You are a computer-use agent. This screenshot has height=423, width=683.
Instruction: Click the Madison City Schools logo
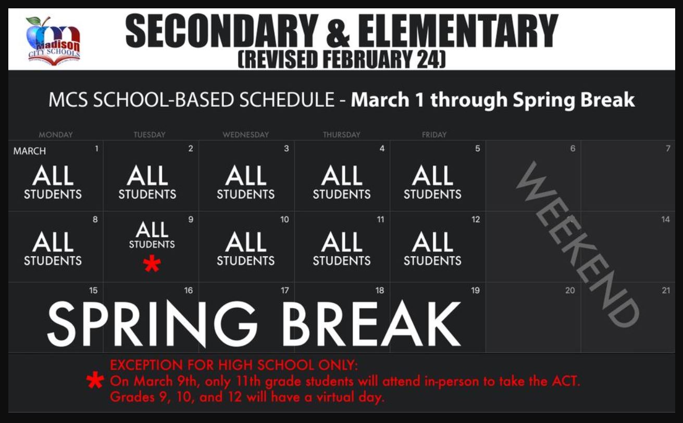pos(53,40)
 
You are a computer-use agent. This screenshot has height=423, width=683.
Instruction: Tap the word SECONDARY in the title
pos(222,31)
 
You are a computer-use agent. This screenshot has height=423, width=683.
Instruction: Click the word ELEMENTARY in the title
pos(458,31)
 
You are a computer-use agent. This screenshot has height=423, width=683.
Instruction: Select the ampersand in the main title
pos(338,31)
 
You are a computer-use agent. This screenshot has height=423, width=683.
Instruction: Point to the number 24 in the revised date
pos(429,59)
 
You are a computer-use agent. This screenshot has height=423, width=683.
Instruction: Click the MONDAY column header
pos(56,135)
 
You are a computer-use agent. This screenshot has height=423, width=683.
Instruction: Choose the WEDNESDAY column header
pos(246,135)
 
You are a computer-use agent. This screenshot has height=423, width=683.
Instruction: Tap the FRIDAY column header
pos(434,135)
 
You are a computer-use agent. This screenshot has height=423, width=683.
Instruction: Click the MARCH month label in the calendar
pos(30,151)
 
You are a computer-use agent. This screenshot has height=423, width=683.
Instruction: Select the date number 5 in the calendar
pos(478,149)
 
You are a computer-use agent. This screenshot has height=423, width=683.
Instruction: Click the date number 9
pos(191,220)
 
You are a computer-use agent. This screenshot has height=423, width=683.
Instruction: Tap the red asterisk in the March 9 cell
pos(152,263)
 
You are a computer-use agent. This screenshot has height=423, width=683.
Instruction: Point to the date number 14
pos(666,220)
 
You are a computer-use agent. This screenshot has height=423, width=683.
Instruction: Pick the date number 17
pos(285,290)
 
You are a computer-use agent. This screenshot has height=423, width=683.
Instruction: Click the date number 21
pos(666,290)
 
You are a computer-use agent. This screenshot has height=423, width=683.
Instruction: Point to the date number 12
pos(476,220)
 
